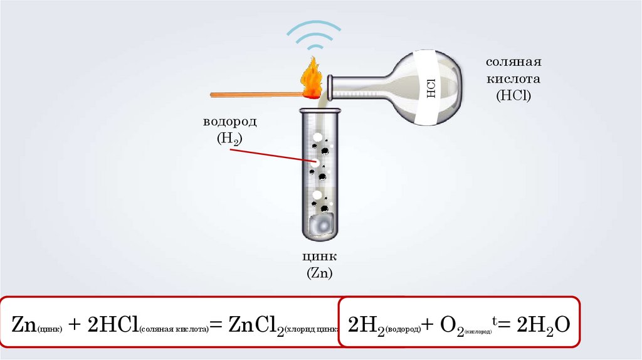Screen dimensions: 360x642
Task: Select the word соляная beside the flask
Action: click(513, 63)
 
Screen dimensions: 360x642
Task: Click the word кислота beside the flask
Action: click(513, 80)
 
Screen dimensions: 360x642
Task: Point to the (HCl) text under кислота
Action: click(513, 97)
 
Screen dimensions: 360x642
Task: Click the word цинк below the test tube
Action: click(319, 257)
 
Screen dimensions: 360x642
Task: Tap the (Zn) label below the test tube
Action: click(319, 273)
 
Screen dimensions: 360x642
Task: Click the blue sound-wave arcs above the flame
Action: click(314, 34)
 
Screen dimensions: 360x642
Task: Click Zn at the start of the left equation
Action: click(23, 325)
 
